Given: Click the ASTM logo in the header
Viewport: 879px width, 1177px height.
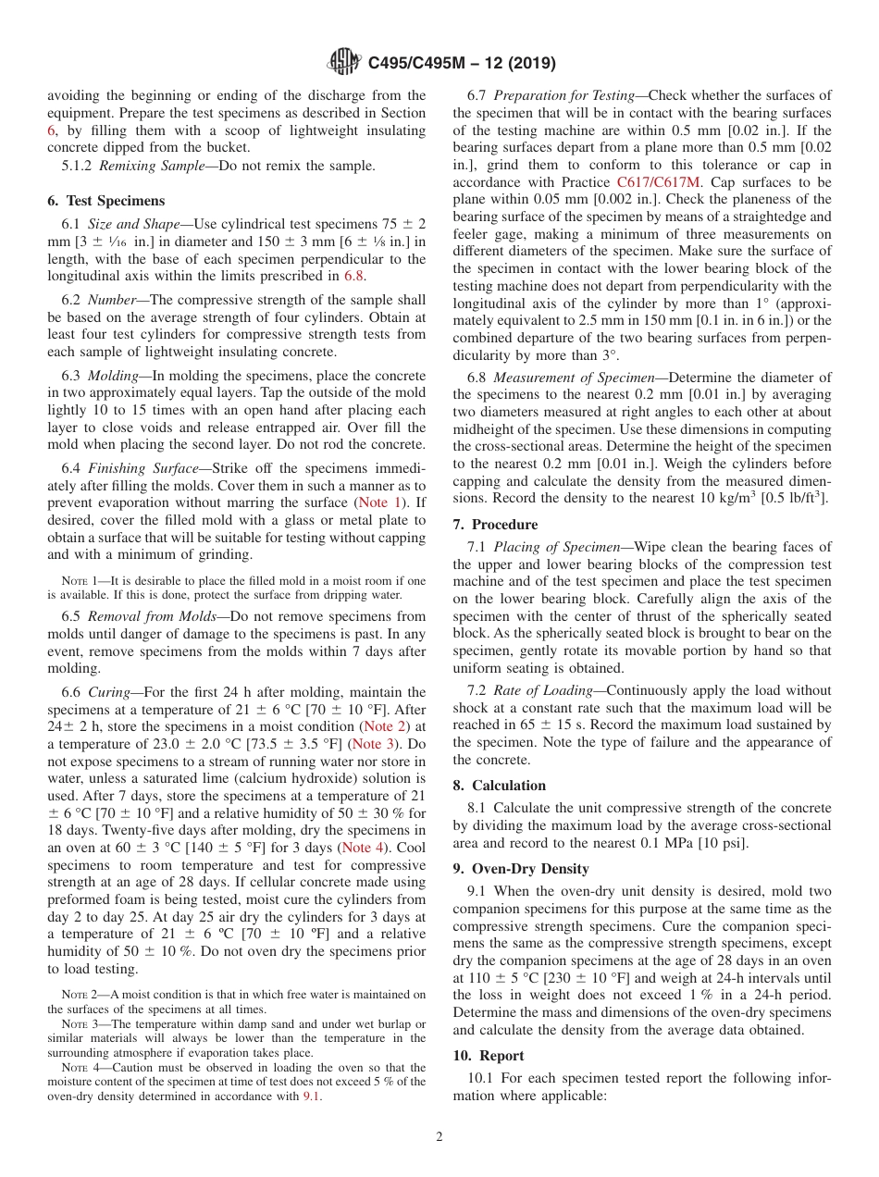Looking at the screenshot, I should [342, 63].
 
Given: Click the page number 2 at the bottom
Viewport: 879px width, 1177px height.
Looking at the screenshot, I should [439, 1137].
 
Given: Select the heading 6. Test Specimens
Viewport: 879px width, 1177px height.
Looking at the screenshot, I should [106, 201].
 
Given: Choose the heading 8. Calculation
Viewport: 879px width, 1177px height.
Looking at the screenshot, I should [500, 786].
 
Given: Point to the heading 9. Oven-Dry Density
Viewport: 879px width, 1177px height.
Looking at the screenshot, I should [521, 869].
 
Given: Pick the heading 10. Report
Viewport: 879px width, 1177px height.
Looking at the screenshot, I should [489, 1056].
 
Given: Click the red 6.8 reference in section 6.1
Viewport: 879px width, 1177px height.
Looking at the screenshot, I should [353, 276].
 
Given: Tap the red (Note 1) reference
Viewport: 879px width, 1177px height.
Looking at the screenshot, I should [380, 502].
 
